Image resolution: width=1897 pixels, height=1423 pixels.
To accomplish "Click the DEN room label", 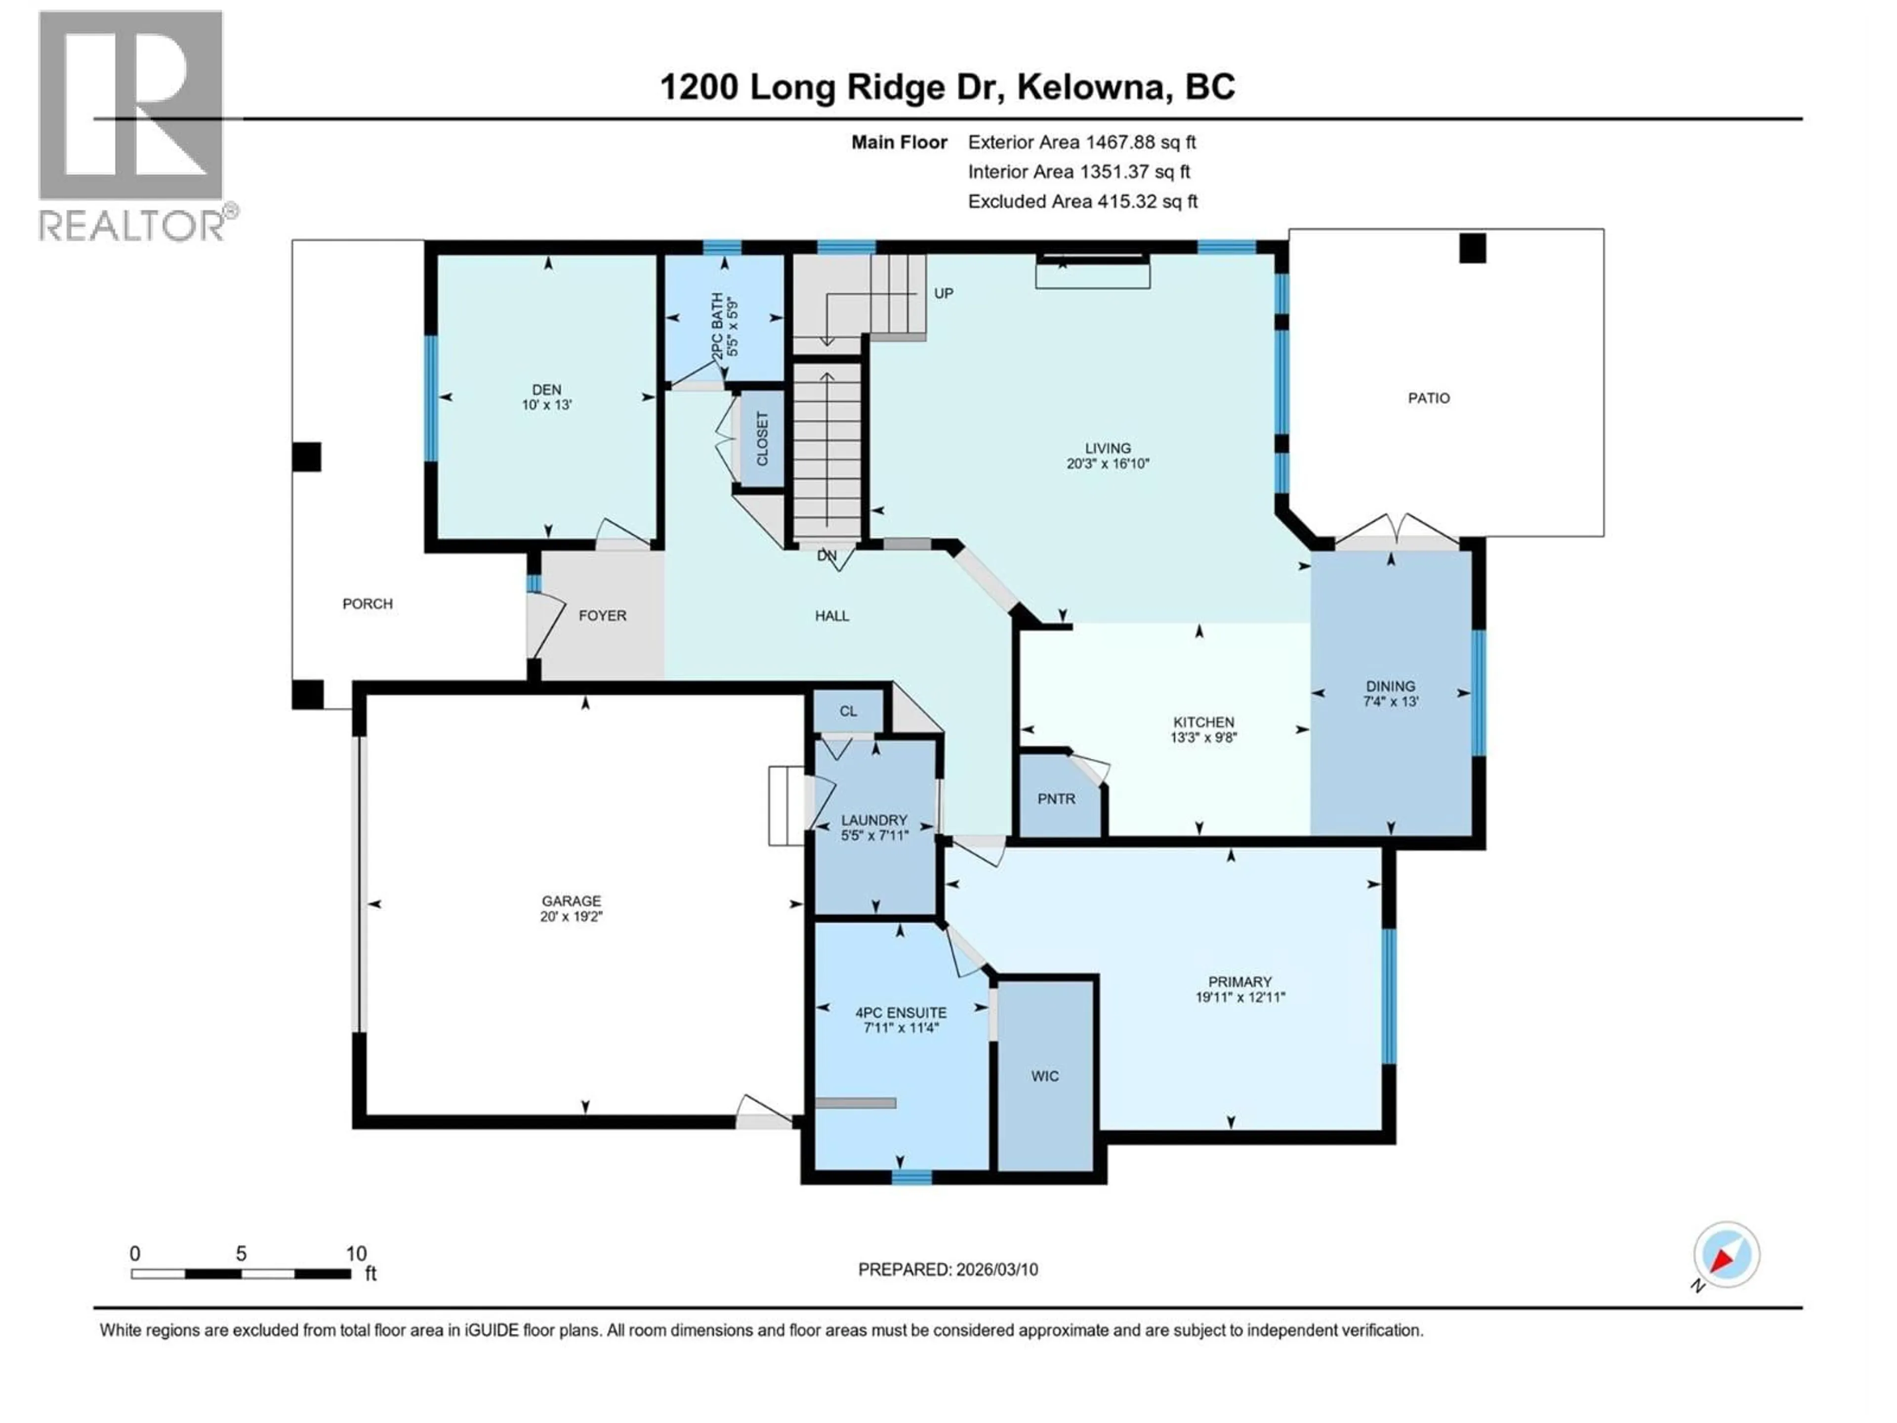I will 546,389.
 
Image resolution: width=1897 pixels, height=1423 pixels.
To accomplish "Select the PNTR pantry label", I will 1056,798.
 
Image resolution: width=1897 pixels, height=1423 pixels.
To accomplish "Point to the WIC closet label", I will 1044,1077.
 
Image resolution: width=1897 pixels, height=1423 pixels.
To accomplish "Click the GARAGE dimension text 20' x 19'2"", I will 571,916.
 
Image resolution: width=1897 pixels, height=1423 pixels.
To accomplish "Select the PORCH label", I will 367,604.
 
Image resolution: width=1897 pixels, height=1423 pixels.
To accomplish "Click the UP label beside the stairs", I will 944,293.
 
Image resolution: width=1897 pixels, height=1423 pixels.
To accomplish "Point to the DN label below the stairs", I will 826,556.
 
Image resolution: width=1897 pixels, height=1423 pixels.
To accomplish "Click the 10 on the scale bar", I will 356,1254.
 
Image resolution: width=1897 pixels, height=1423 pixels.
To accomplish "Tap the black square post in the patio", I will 1473,249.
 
